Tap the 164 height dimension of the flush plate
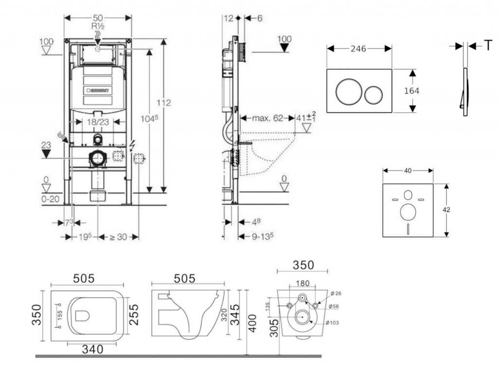(x=411, y=91)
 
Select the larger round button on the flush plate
(x=348, y=91)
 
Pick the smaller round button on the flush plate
(x=374, y=94)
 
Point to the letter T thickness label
(x=487, y=46)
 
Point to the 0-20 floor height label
(x=50, y=199)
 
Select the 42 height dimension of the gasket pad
(x=446, y=210)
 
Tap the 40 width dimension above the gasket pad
(x=408, y=170)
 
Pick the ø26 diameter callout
(x=336, y=293)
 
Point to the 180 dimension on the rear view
(x=302, y=283)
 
